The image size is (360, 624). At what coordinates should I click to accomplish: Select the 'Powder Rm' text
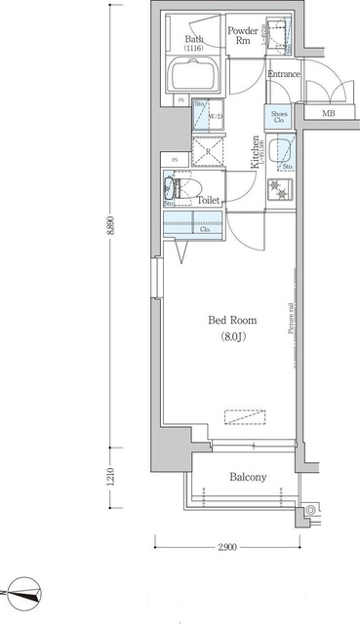tap(242, 36)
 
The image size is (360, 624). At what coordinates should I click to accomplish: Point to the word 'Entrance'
tap(285, 74)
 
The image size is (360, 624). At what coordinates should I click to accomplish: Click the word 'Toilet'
tap(210, 200)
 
